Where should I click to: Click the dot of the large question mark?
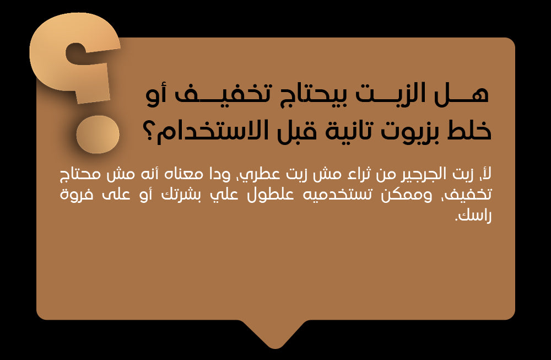(98, 135)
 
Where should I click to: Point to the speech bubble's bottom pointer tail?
(276, 334)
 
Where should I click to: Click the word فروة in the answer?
(76, 195)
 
